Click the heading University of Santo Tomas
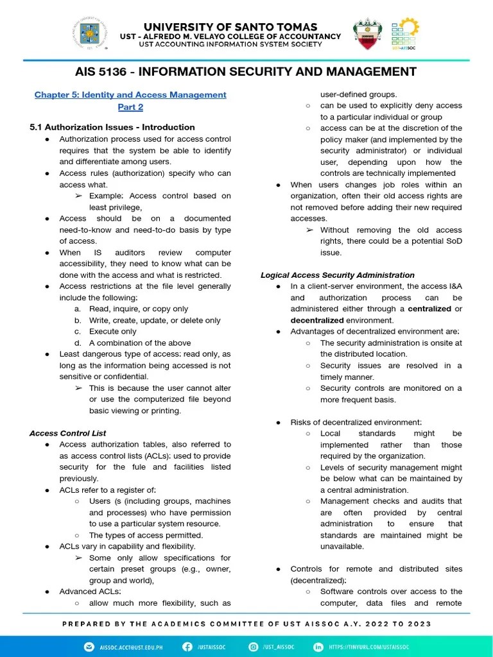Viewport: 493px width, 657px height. tap(230, 26)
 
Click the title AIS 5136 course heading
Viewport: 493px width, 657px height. tap(246, 71)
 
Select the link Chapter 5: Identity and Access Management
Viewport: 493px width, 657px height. tap(130, 95)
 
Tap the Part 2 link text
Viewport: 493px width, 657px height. tap(130, 107)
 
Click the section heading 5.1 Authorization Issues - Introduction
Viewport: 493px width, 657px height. tap(112, 127)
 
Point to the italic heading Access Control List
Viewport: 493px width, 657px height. tap(68, 433)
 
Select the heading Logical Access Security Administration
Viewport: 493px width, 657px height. tap(337, 275)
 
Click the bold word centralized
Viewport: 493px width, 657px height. tap(429, 309)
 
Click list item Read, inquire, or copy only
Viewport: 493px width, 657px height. tap(139, 309)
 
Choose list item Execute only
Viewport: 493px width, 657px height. tap(112, 332)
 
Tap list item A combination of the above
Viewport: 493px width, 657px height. tap(139, 343)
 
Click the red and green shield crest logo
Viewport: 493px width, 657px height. tap(368, 35)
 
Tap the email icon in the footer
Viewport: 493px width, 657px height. tap(89, 647)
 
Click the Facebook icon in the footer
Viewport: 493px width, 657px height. tap(187, 647)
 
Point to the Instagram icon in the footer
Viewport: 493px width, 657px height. tap(254, 647)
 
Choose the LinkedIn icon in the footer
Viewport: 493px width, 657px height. tap(318, 647)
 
